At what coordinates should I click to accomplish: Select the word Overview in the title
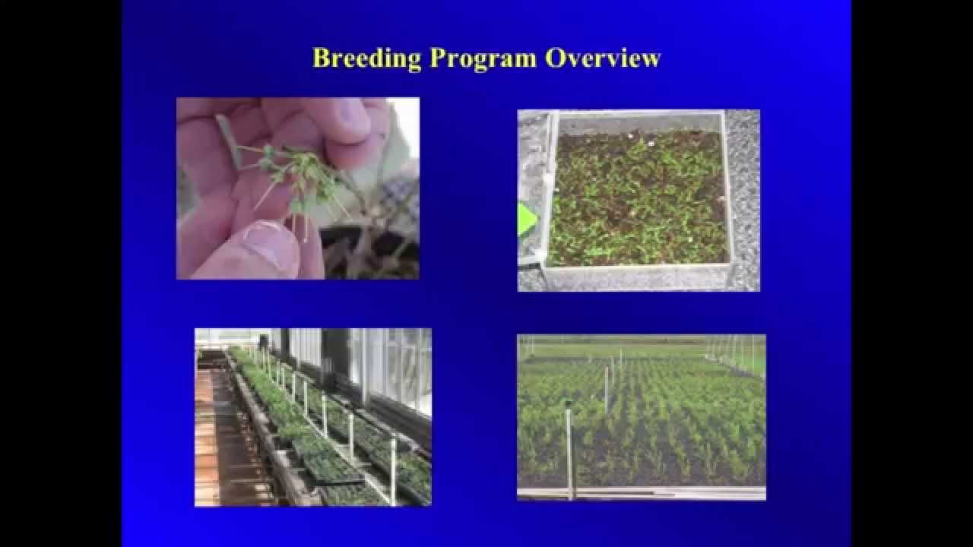click(x=603, y=58)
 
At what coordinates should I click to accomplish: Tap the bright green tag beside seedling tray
click(x=526, y=220)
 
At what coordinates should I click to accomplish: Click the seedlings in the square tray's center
click(x=637, y=199)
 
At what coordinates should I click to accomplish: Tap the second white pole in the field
click(x=606, y=387)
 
